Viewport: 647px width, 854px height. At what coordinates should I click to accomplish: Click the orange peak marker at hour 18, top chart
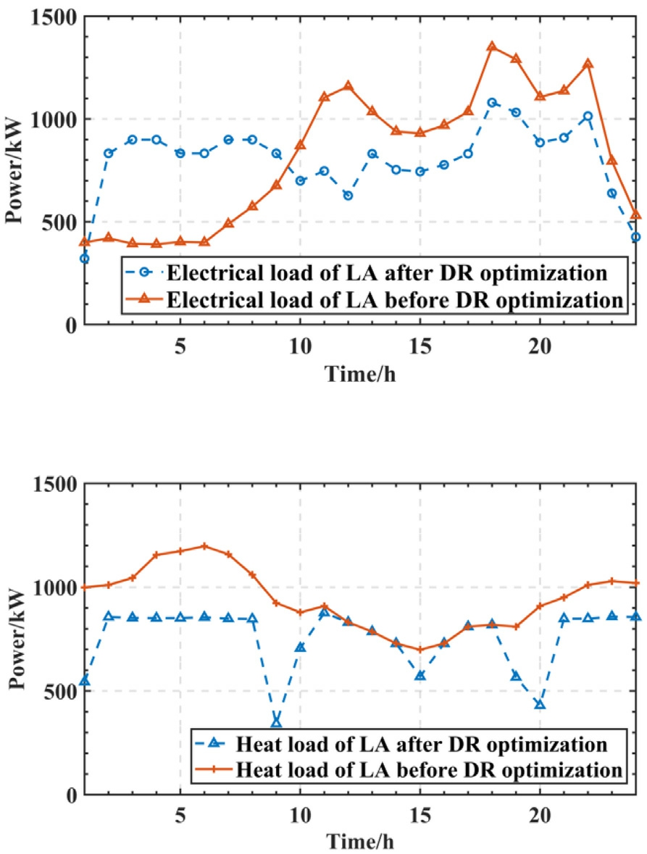coord(492,46)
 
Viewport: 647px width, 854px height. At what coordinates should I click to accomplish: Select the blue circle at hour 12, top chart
coord(348,196)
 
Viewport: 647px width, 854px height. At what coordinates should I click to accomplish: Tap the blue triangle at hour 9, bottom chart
coord(276,722)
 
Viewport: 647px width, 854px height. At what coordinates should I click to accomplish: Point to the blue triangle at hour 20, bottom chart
coord(540,704)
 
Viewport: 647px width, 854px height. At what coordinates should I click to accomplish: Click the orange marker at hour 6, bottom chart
coord(204,546)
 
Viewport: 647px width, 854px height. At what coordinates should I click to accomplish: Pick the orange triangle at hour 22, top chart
coord(588,64)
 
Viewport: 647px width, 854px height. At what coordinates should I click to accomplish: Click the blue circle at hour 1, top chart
coord(85,259)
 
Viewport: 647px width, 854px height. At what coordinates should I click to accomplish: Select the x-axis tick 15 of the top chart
coord(420,344)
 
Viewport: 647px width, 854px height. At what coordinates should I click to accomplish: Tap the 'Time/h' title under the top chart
coord(360,374)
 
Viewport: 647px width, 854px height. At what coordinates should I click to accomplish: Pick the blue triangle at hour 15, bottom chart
coord(420,675)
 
